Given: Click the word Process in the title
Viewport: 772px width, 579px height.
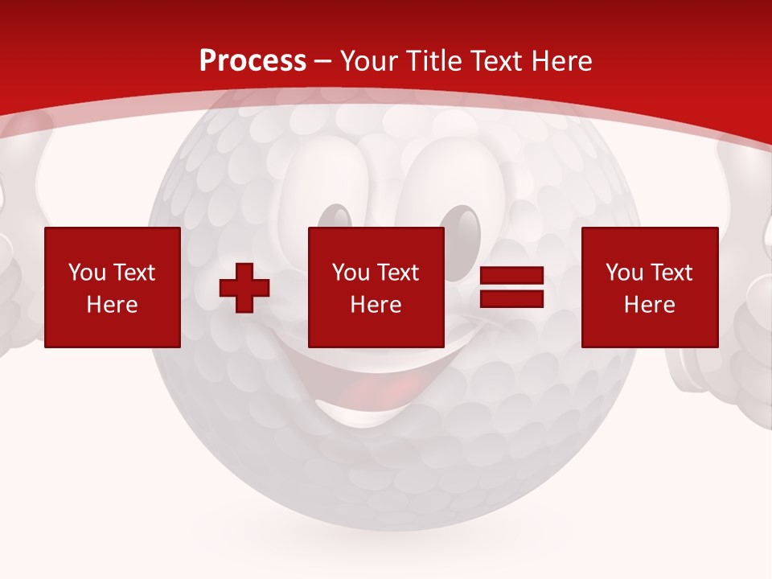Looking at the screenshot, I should click(253, 61).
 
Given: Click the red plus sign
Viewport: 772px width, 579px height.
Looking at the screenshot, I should click(244, 288).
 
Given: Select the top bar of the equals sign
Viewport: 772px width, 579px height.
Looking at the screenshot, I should click(512, 276).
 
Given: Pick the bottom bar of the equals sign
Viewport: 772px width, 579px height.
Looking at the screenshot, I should click(512, 299).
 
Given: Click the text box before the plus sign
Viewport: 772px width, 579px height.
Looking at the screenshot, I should click(113, 288).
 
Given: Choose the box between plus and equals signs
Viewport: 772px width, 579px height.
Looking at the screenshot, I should click(376, 288).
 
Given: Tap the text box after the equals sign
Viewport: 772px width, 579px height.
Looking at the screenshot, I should click(650, 288).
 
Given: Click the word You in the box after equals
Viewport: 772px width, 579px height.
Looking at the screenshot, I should click(624, 273).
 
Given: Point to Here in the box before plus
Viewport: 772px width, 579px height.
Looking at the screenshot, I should click(113, 305).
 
